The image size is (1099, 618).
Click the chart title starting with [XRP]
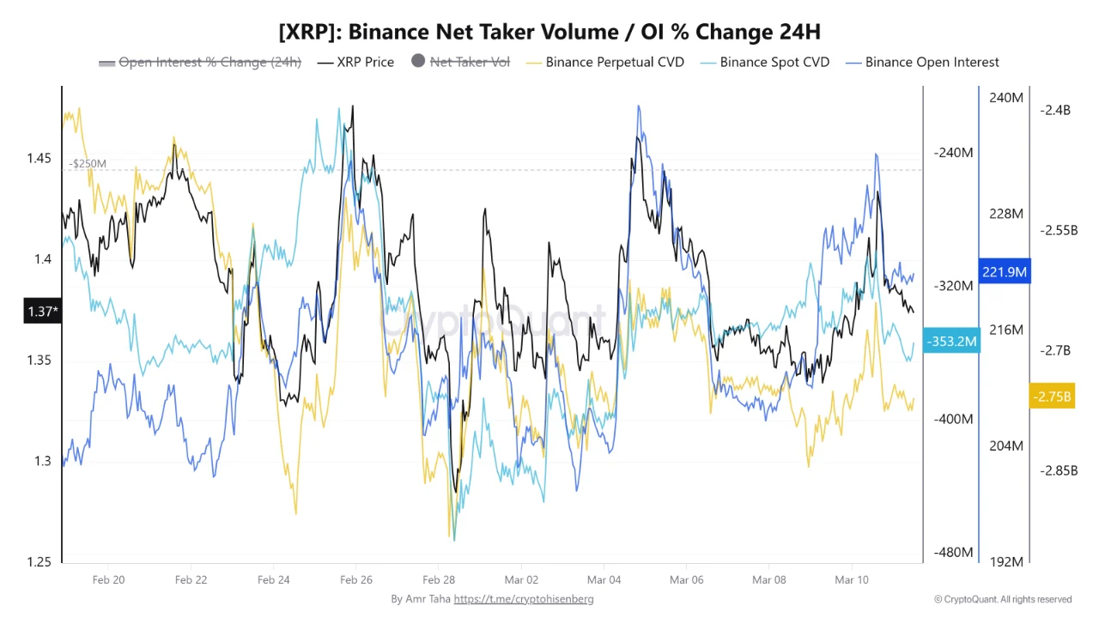549,32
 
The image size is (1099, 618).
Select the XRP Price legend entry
355,62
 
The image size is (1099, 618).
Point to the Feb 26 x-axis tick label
355,579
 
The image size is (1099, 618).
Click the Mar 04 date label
604,579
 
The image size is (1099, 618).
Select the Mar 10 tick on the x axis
851,579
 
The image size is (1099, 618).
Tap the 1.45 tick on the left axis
39,159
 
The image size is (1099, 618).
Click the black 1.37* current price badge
41,311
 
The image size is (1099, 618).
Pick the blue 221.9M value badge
1005,272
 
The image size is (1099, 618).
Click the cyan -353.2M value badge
951,342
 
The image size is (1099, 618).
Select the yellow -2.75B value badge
1053,397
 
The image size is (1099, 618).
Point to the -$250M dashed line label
88,163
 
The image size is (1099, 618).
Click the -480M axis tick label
953,552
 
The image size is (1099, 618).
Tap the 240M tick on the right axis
1005,98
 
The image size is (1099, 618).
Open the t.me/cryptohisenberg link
523,598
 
